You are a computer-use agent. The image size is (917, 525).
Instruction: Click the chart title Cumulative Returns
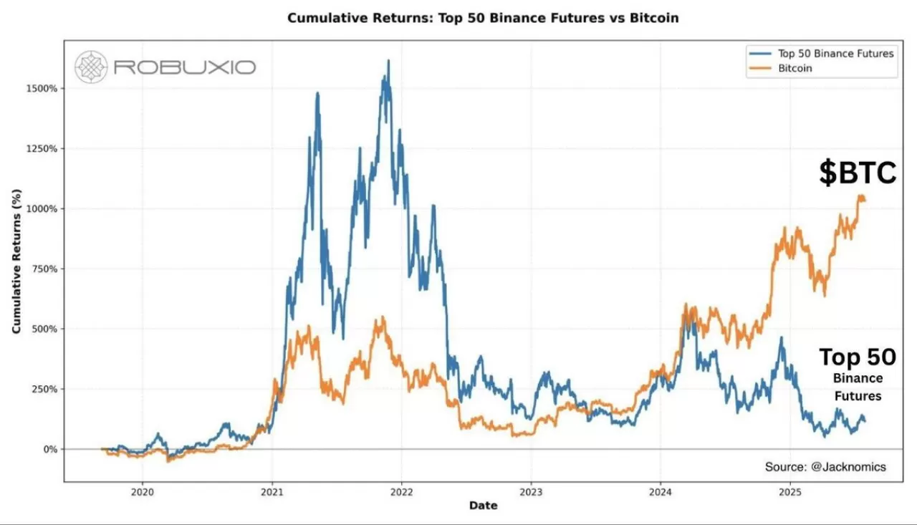[483, 18]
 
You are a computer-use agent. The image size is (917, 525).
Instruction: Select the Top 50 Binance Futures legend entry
[835, 53]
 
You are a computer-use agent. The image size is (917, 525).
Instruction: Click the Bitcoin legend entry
[795, 68]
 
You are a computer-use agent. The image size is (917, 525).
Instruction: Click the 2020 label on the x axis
[142, 492]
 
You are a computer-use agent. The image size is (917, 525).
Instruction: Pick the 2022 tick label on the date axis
[401, 492]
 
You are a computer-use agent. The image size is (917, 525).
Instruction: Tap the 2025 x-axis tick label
[789, 492]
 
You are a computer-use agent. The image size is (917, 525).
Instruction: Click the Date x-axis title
[483, 506]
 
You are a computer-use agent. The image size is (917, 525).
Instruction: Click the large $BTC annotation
[858, 173]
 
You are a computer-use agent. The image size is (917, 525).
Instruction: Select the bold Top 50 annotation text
[857, 357]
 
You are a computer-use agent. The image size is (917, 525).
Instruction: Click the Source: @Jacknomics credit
[825, 467]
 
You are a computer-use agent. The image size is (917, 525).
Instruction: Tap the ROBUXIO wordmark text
[184, 68]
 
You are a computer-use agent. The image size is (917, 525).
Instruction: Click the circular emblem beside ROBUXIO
[91, 67]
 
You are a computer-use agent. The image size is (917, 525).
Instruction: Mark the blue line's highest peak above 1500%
[388, 61]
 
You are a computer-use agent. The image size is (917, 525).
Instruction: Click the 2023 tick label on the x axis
[531, 492]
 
